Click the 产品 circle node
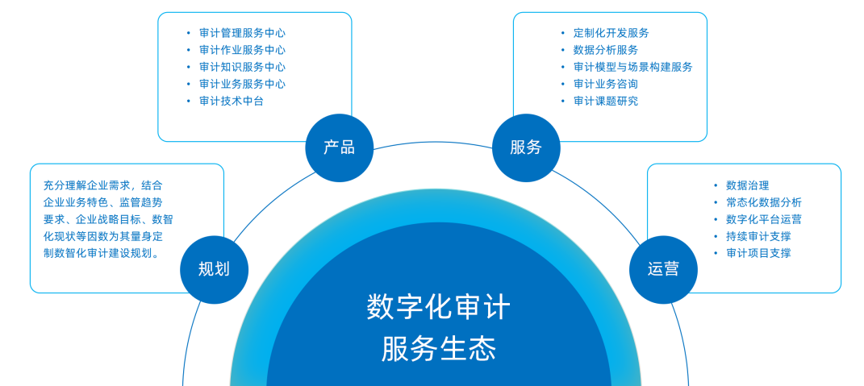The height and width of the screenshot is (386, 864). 340,147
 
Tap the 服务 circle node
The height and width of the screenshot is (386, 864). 526,147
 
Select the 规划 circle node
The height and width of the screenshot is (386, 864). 215,269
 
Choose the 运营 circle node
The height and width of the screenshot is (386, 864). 663,269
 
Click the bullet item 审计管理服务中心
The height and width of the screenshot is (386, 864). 243,33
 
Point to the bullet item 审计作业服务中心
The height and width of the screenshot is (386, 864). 243,50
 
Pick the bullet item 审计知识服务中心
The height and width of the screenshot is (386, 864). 243,67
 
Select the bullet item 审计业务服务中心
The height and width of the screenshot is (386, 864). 243,85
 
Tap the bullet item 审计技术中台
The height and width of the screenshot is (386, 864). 232,102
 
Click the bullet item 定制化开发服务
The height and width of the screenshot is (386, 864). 611,33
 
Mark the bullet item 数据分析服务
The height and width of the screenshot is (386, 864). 606,50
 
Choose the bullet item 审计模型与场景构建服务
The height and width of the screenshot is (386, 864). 632,67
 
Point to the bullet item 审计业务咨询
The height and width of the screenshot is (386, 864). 606,85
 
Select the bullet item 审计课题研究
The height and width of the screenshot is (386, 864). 606,102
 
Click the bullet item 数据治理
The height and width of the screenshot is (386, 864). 747,185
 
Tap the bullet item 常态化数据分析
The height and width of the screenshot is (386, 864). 764,202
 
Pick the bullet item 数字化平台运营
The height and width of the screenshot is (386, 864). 764,220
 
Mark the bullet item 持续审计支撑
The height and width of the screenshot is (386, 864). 758,237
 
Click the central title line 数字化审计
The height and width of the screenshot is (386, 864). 439,307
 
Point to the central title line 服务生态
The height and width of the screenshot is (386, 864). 439,349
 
